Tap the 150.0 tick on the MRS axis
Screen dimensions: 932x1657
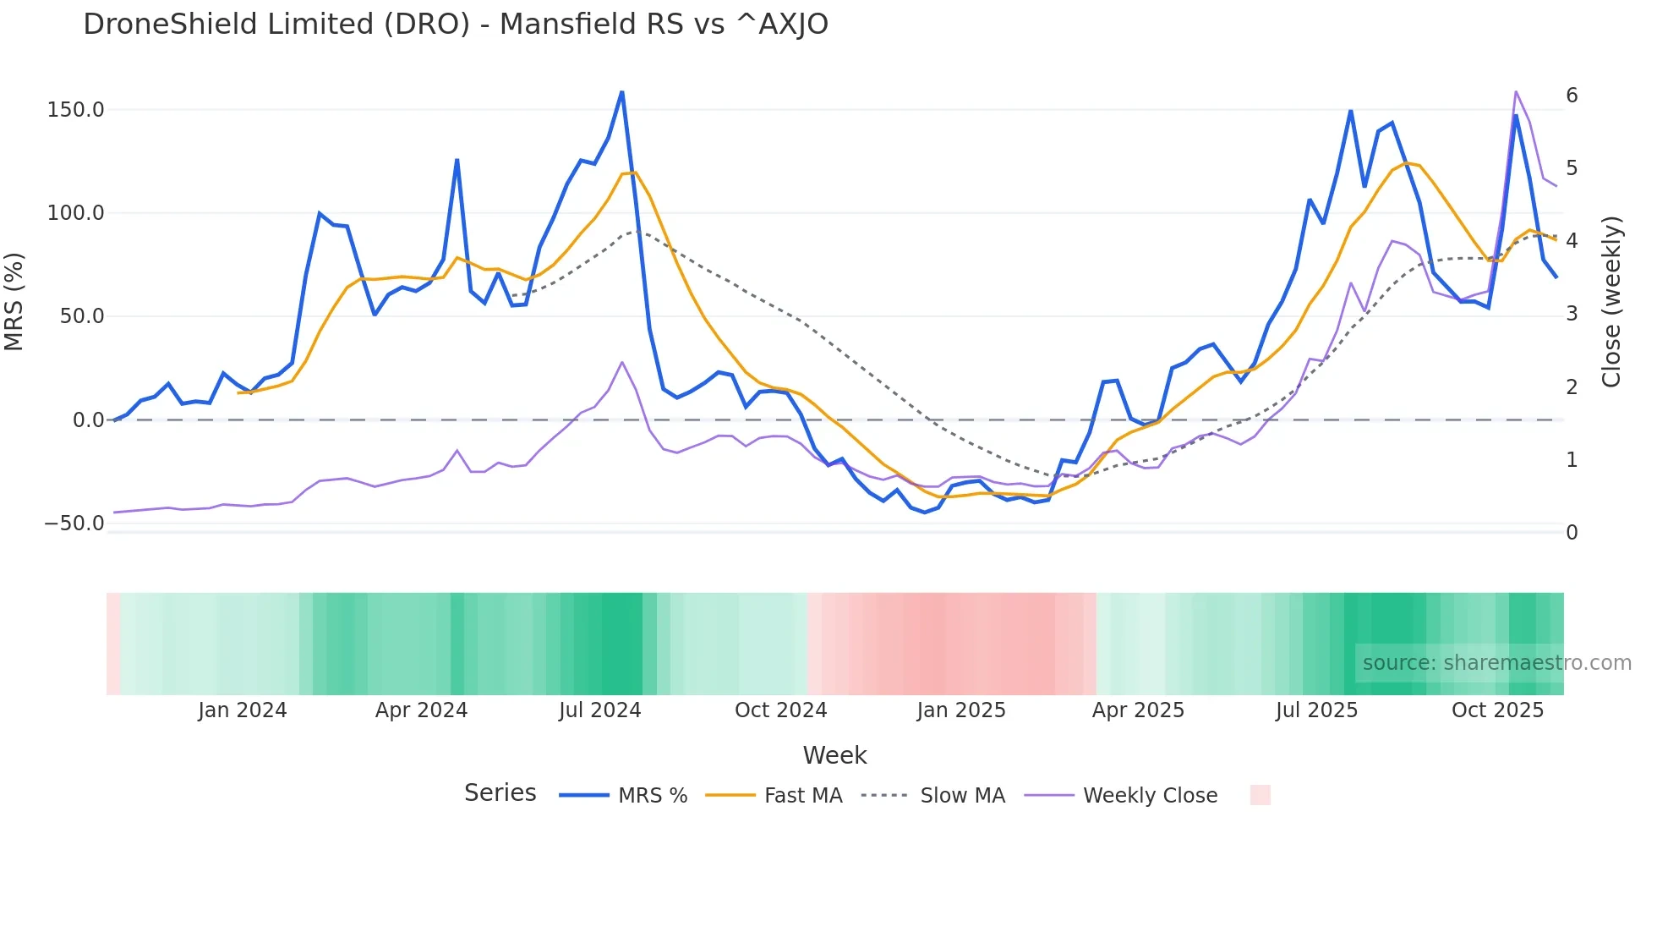tap(75, 110)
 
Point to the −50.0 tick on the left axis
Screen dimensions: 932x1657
tap(74, 524)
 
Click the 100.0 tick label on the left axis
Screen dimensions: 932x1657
tap(75, 213)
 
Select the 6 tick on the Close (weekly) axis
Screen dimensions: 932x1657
tap(1572, 96)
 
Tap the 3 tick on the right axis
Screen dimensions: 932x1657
tap(1572, 314)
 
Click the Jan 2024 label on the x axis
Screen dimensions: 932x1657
tap(242, 710)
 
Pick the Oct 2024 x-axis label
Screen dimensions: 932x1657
tap(780, 710)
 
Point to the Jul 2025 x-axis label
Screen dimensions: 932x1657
tap(1316, 710)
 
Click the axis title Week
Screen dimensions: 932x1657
tap(834, 755)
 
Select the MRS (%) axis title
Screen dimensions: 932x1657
tap(14, 301)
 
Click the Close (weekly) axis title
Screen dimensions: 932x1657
tap(1611, 302)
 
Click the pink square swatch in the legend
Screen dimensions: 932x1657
tap(1260, 795)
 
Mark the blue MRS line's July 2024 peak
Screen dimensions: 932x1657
tap(622, 92)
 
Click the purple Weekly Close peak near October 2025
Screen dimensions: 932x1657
tap(1516, 91)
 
